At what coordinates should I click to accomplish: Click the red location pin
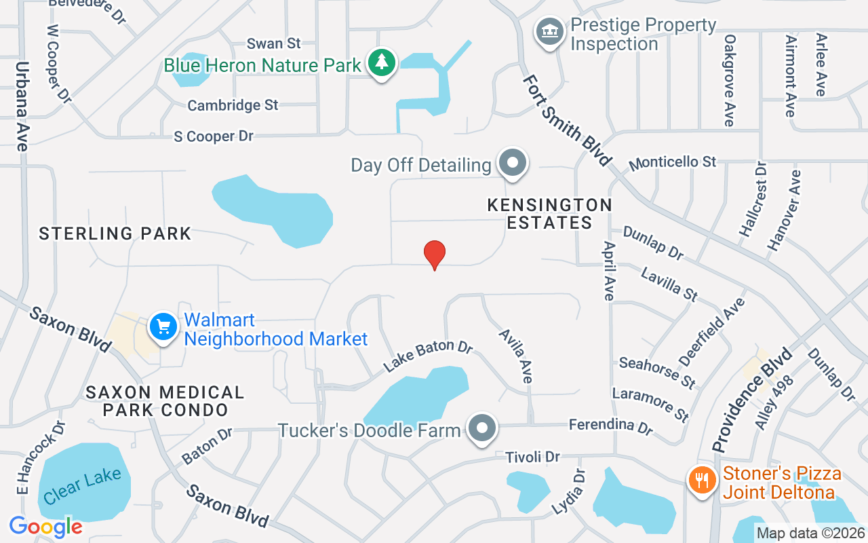pyautogui.click(x=434, y=255)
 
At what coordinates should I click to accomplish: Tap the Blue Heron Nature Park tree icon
pyautogui.click(x=382, y=62)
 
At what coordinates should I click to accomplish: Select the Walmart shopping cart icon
pyautogui.click(x=163, y=327)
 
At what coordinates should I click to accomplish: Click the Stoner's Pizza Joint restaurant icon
pyautogui.click(x=702, y=480)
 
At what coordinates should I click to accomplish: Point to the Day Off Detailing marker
pyautogui.click(x=513, y=164)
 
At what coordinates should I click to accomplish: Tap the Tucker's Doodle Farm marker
pyautogui.click(x=483, y=428)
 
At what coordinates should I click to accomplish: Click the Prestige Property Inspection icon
pyautogui.click(x=549, y=32)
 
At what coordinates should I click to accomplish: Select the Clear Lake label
pyautogui.click(x=82, y=486)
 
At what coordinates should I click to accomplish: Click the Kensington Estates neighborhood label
pyautogui.click(x=550, y=213)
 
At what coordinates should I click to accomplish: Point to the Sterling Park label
pyautogui.click(x=115, y=234)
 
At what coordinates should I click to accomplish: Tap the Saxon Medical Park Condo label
pyautogui.click(x=165, y=401)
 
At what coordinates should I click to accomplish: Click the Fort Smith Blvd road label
pyautogui.click(x=567, y=121)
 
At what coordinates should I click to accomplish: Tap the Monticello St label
pyautogui.click(x=672, y=163)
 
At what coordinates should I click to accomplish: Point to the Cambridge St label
pyautogui.click(x=233, y=105)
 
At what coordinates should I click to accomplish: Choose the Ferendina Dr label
pyautogui.click(x=610, y=426)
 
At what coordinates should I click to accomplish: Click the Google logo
pyautogui.click(x=45, y=526)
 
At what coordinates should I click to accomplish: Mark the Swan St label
pyautogui.click(x=273, y=43)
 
